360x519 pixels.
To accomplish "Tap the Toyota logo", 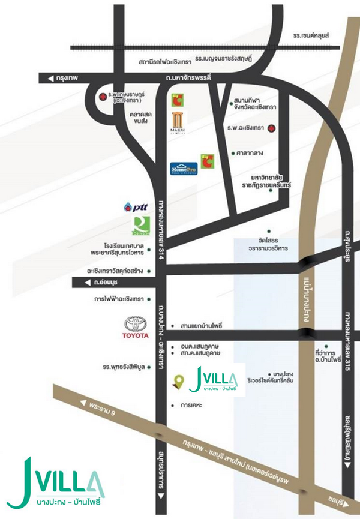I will pos(135,328).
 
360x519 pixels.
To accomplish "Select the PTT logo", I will pos(137,207).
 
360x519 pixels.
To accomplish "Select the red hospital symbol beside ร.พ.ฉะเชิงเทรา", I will pos(272,128).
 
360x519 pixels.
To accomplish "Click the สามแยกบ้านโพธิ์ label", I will pos(201,325).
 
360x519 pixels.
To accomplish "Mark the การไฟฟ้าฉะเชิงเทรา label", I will pos(116,298).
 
